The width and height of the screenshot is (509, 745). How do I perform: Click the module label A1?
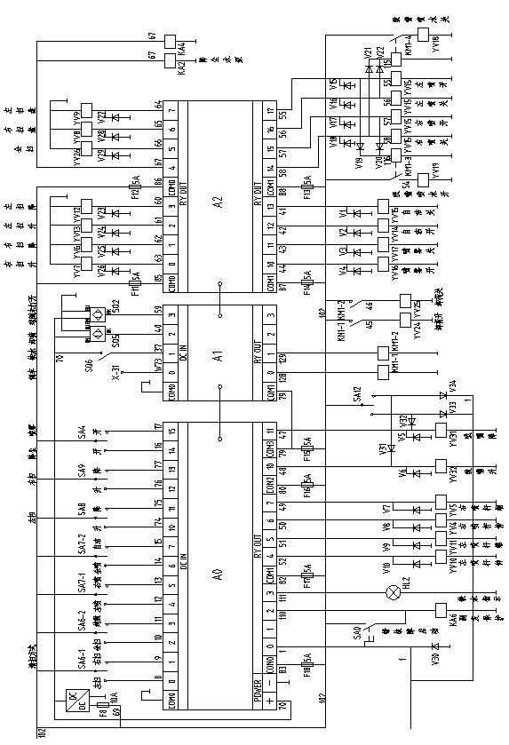pos(219,350)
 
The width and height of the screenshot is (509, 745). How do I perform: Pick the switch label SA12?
pos(356,392)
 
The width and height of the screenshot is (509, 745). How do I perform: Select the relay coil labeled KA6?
pos(439,611)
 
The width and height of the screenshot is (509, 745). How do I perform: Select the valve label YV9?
pos(76,115)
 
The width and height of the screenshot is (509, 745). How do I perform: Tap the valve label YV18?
pos(436,44)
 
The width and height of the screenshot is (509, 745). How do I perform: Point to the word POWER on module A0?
pos(258,688)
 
